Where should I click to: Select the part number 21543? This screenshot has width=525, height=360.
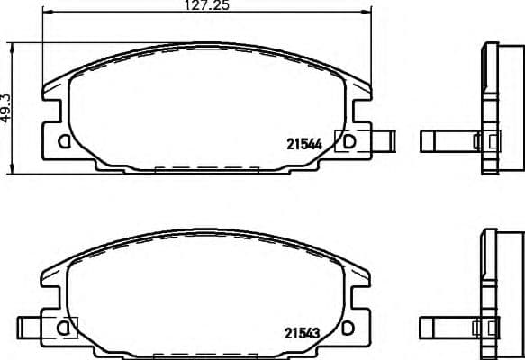click(303, 332)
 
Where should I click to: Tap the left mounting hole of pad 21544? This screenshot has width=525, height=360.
click(64, 140)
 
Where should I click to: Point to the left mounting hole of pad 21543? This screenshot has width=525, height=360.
click(64, 328)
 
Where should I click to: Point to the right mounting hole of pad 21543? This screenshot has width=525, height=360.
click(349, 328)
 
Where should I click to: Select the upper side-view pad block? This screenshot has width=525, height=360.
click(493, 106)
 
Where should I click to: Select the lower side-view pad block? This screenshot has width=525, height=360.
click(493, 293)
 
